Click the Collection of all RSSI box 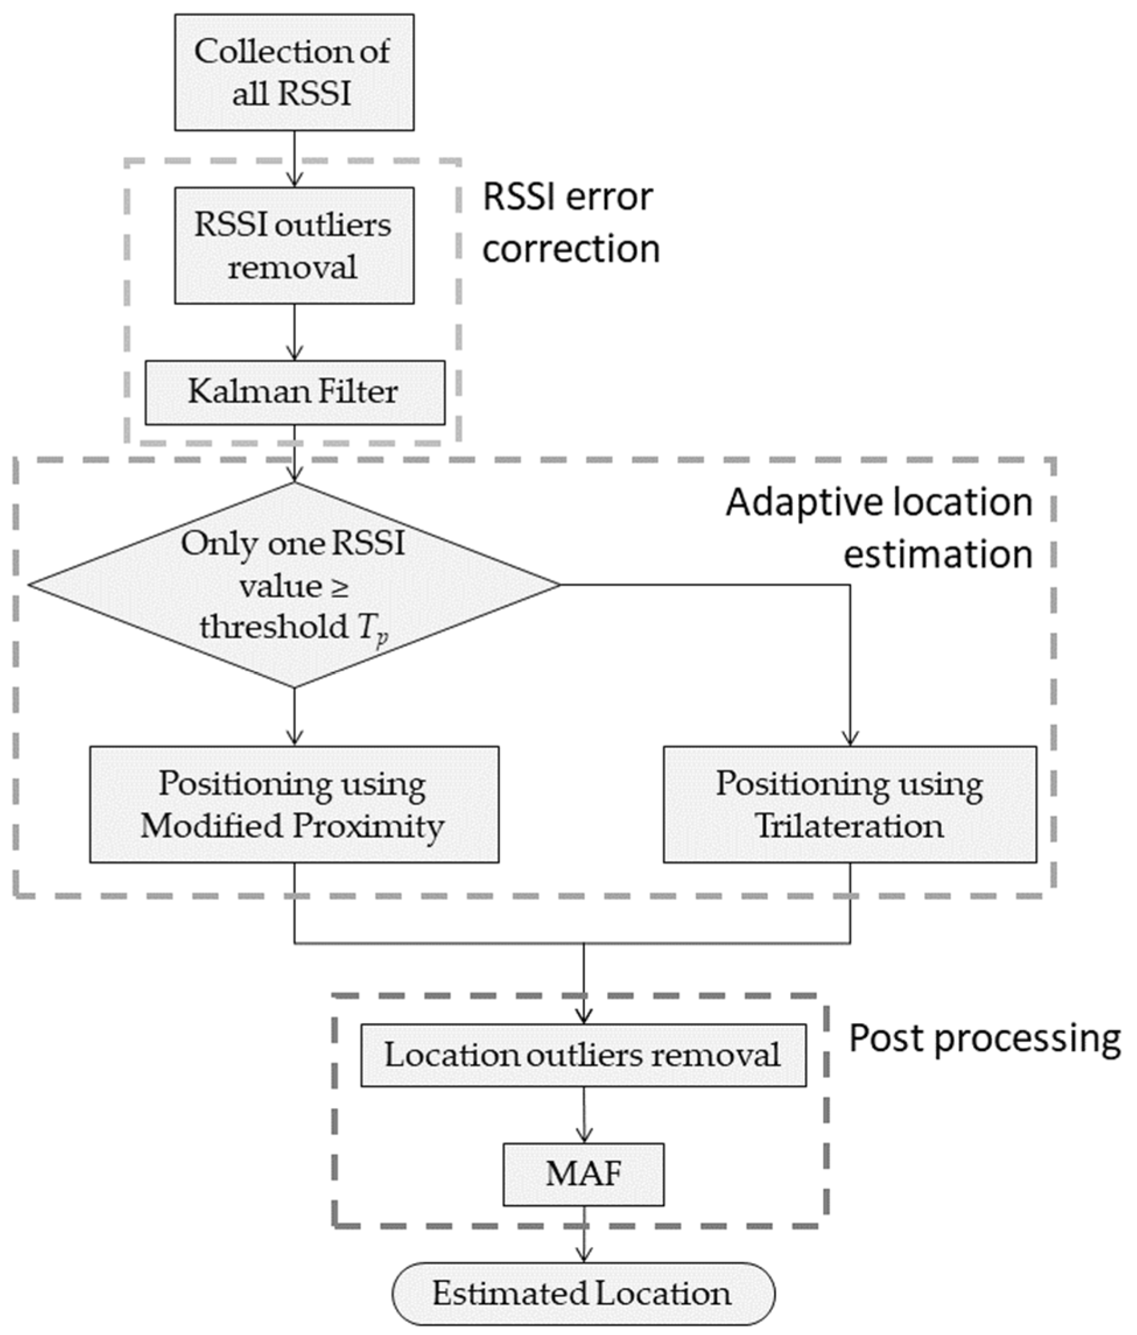point(294,72)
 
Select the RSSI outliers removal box point(294,245)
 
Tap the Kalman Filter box point(294,392)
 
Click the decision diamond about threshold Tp point(294,585)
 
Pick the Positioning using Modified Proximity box point(294,804)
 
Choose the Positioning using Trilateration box point(850,804)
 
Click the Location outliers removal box point(583,1055)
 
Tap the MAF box point(583,1174)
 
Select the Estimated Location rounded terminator point(583,1293)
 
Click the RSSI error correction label point(570,222)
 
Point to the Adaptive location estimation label point(879,527)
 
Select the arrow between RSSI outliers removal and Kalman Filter point(294,332)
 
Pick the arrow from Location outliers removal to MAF point(583,1115)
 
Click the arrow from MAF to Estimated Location point(583,1234)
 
